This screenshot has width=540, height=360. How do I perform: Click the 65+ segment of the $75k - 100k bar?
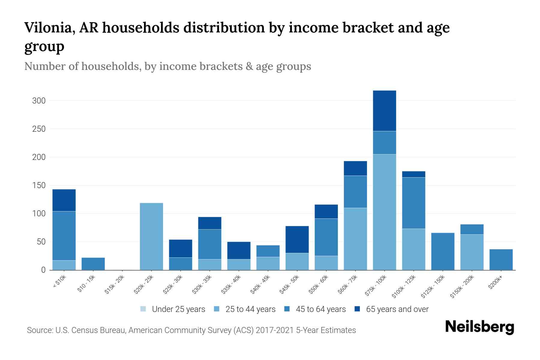(384, 111)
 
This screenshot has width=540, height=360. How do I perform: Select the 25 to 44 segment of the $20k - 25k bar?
(151, 236)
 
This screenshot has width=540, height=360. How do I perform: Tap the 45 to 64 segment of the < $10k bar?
(64, 236)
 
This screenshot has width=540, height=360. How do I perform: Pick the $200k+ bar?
(501, 259)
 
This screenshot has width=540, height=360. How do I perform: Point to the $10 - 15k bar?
(93, 264)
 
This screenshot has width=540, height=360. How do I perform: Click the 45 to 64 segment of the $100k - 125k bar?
(413, 203)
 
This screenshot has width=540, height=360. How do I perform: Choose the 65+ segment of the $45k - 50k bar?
(297, 239)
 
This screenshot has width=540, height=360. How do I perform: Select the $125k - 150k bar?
(442, 251)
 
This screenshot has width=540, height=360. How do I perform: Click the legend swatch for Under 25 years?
(143, 309)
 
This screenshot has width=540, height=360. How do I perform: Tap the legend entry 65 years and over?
(397, 309)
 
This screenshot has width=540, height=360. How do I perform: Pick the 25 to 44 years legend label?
(250, 309)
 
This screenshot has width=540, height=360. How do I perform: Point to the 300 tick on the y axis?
(39, 101)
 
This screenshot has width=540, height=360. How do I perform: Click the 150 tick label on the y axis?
(39, 186)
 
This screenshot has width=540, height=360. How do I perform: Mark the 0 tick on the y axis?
(43, 270)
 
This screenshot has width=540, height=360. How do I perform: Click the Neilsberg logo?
(479, 327)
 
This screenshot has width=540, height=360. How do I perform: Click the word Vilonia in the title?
(49, 28)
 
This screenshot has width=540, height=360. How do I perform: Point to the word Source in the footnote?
(40, 330)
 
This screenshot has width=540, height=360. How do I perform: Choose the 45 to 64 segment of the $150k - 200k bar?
(472, 229)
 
